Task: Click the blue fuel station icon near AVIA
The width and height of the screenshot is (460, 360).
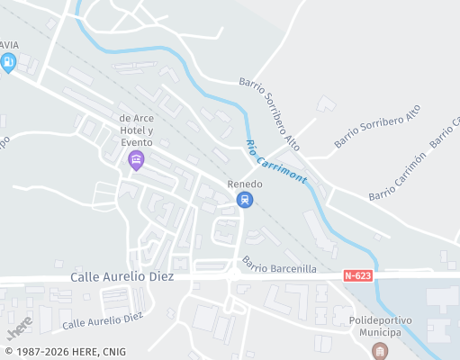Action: click(8, 62)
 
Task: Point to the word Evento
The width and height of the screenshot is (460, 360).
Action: click(138, 142)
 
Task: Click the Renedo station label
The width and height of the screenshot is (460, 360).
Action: click(244, 184)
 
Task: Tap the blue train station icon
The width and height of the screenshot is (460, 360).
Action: click(244, 200)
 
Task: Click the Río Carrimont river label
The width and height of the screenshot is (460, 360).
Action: click(275, 163)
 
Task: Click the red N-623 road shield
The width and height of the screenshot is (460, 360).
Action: click(358, 275)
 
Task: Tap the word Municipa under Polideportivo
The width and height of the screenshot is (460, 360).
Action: click(380, 332)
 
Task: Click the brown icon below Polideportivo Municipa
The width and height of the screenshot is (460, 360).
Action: click(380, 350)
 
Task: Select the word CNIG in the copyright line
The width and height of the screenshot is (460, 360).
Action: click(113, 352)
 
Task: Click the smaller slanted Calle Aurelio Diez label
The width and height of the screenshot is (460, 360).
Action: click(103, 319)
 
